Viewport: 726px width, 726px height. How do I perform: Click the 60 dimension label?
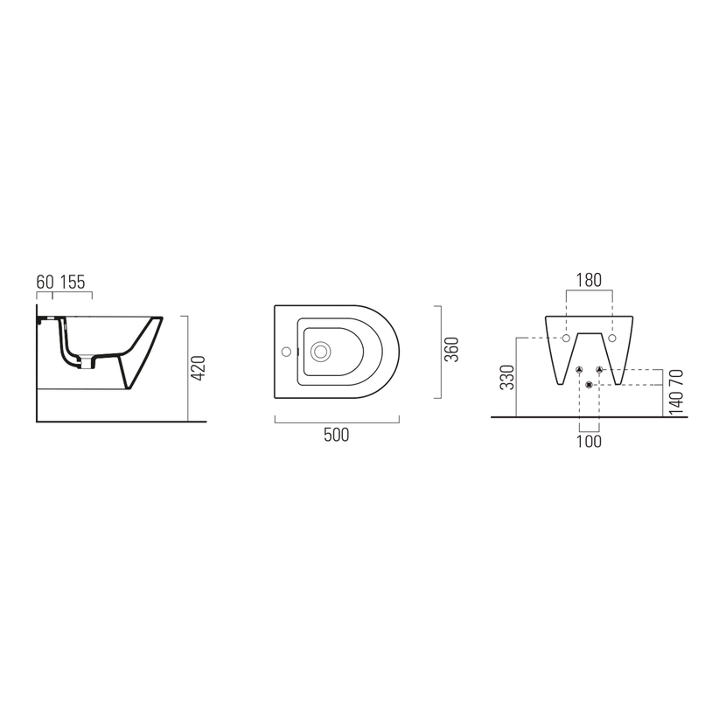[x=45, y=282]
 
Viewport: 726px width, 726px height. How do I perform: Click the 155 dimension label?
[x=73, y=282]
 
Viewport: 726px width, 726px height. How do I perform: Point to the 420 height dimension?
[x=199, y=368]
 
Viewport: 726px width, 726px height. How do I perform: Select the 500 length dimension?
[x=337, y=435]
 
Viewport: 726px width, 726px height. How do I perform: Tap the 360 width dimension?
[x=451, y=350]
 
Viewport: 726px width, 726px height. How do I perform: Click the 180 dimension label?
[x=589, y=280]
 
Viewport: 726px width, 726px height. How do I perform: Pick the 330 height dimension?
[x=507, y=377]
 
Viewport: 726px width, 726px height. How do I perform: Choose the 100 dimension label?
[x=589, y=441]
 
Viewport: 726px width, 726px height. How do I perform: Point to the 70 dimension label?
[x=676, y=378]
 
